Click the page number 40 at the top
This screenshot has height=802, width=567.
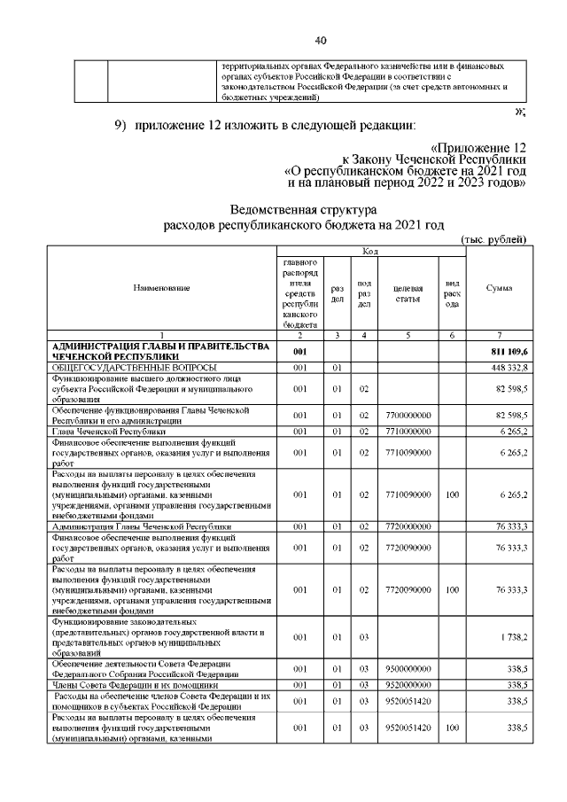[x=321, y=40]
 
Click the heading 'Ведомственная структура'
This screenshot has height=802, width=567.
[x=303, y=210]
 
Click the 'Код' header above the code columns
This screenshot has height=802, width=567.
[x=369, y=253]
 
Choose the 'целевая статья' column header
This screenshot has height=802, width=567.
[x=408, y=289]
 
